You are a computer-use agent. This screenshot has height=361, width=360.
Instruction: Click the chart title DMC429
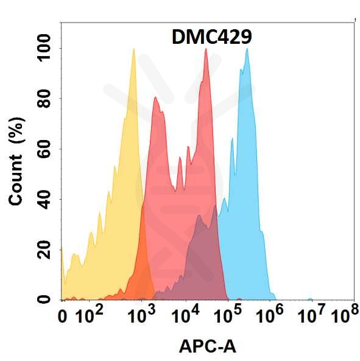[208, 38]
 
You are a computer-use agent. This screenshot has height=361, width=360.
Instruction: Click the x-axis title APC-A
[207, 346]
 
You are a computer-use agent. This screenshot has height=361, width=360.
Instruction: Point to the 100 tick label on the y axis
[42, 49]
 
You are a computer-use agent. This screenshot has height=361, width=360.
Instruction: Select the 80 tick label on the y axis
[42, 99]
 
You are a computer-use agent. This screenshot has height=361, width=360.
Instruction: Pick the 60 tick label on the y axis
[42, 149]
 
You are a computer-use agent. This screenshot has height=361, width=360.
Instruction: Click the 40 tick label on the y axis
[42, 199]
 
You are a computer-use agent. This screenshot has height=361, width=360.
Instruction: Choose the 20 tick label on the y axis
[42, 249]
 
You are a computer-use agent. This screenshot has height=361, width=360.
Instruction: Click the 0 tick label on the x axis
[63, 317]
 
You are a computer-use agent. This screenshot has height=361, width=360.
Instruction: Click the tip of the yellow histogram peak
[133, 49]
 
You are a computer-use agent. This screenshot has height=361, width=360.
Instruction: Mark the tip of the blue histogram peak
[247, 49]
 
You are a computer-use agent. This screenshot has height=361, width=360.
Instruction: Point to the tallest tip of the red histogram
[206, 49]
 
